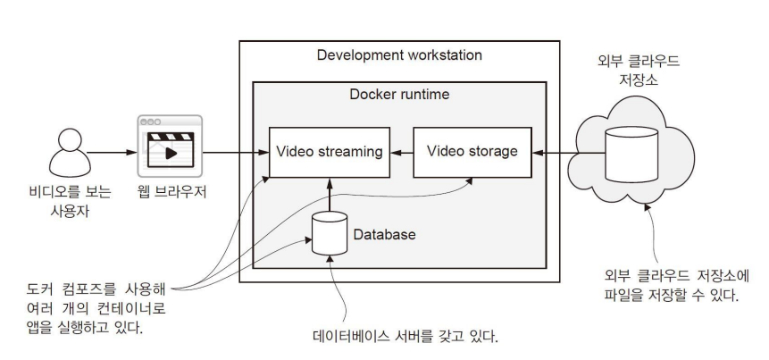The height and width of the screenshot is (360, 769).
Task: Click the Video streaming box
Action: [330, 152]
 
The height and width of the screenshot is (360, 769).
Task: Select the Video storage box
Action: [472, 152]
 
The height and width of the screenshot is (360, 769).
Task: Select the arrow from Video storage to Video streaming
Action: [402, 152]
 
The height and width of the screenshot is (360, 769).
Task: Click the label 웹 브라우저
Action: [170, 191]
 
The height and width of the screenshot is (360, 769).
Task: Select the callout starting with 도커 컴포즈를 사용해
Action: [85, 308]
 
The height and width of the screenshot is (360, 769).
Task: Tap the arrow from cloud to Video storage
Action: [551, 152]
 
